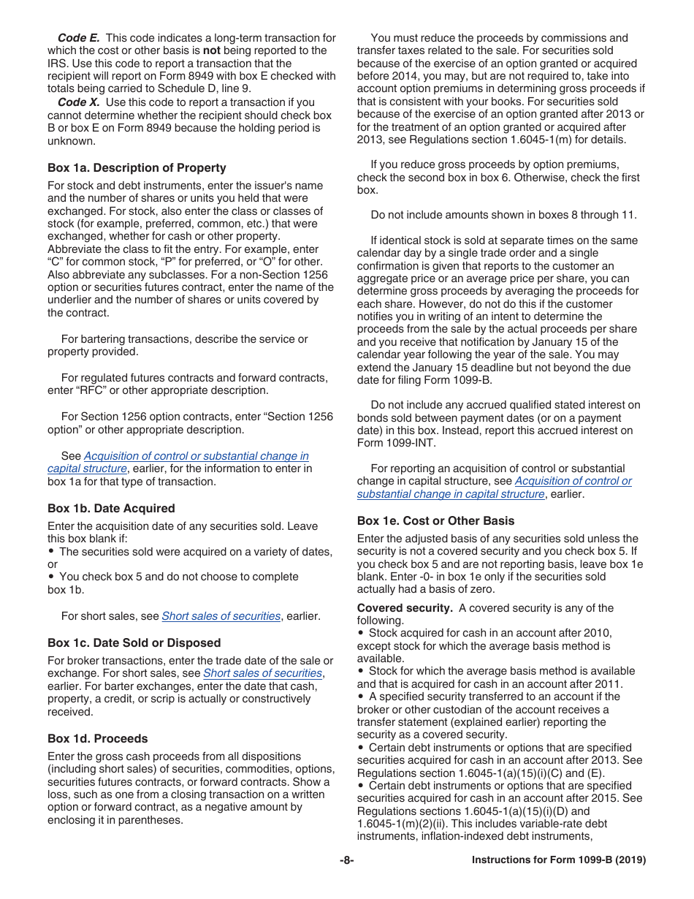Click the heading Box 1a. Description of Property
point(137,168)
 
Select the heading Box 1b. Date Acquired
point(111,509)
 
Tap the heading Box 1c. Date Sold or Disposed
point(134,643)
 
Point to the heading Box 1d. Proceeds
point(97,739)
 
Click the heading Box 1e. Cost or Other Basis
point(435,521)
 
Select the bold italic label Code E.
point(78,38)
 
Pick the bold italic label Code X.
point(78,102)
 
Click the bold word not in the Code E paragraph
point(211,50)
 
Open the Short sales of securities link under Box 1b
point(221,616)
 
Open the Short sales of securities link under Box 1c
point(262,673)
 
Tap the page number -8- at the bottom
point(346,861)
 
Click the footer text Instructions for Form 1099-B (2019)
point(559,861)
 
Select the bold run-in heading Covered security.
point(405,608)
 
